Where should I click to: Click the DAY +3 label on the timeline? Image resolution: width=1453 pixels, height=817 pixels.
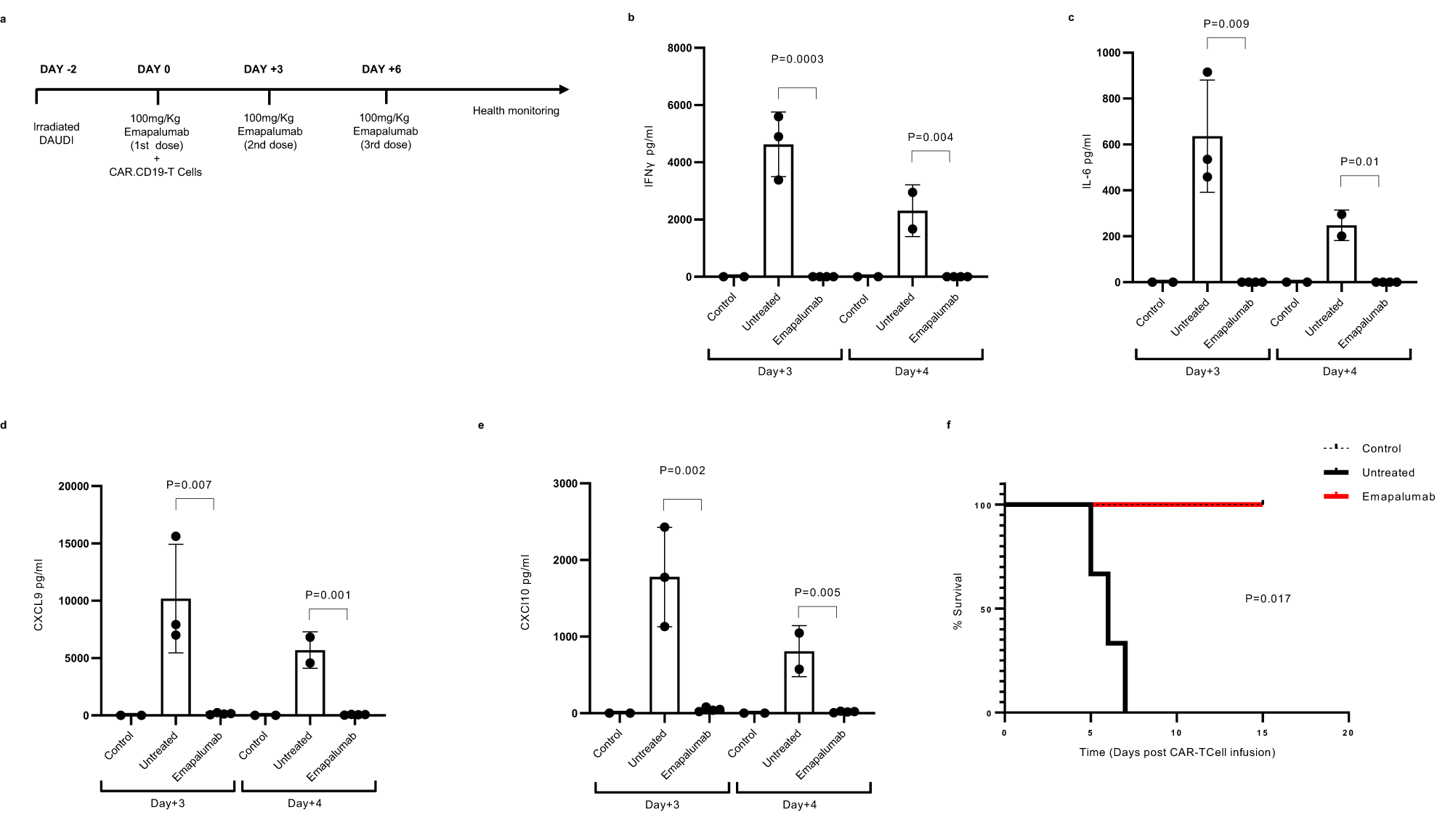[x=263, y=69]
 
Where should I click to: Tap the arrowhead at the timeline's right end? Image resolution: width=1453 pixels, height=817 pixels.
[x=564, y=89]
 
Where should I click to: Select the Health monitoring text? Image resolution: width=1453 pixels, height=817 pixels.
[x=516, y=111]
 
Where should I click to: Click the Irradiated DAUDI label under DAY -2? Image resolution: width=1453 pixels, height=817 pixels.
[x=57, y=133]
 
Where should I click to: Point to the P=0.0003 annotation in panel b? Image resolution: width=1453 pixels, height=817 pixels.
[x=797, y=59]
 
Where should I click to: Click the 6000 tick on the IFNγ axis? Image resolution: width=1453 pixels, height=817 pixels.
[x=679, y=105]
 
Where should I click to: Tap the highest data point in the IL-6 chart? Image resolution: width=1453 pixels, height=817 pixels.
[x=1207, y=72]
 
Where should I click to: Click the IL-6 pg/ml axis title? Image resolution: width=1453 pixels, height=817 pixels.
[x=1088, y=161]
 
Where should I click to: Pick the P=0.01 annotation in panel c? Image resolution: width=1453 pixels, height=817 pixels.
[x=1359, y=162]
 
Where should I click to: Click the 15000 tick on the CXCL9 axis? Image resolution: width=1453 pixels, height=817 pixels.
[x=73, y=544]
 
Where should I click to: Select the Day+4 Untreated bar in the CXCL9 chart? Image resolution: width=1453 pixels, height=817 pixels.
[x=310, y=683]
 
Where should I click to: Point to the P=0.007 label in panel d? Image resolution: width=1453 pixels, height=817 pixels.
[x=189, y=484]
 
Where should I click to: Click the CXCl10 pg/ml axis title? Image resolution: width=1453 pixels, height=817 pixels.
[x=525, y=592]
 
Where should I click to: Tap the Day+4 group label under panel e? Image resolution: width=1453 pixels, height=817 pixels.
[x=799, y=805]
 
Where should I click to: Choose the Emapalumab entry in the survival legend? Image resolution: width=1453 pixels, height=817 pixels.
[x=1398, y=497]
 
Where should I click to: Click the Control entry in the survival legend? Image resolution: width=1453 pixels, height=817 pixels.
[x=1380, y=449]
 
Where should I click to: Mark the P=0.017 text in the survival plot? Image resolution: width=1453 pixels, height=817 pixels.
[x=1268, y=598]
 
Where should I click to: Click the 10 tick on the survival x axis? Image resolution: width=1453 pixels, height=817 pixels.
[x=1175, y=733]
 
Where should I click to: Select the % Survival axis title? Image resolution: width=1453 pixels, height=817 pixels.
[x=958, y=601]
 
